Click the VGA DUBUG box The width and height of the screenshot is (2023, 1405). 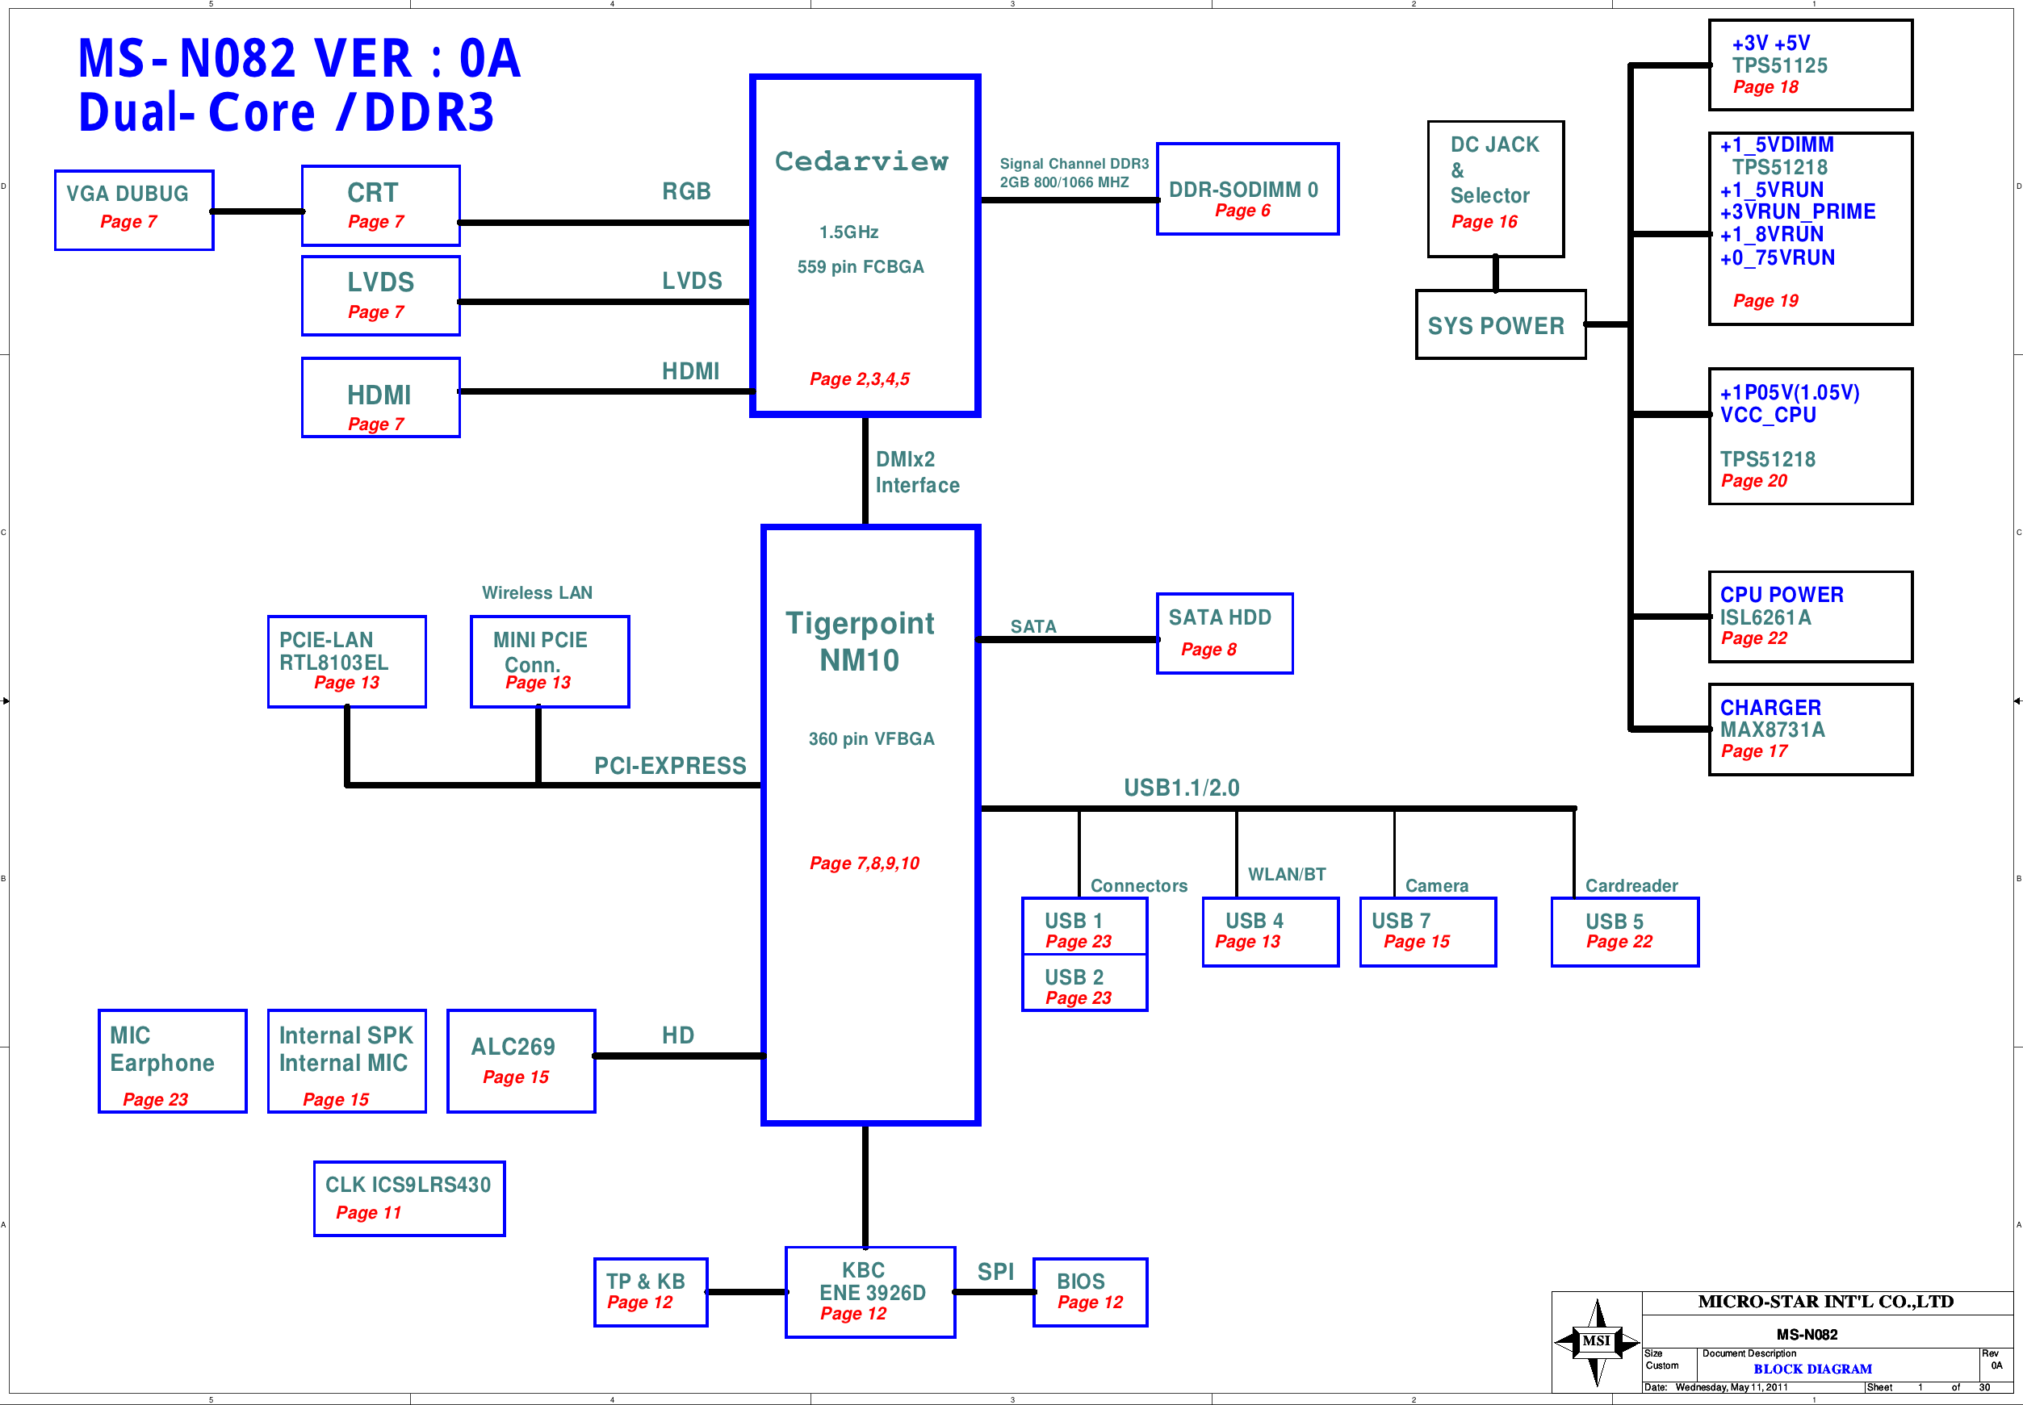pyautogui.click(x=134, y=211)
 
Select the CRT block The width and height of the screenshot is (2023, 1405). pyautogui.click(x=380, y=206)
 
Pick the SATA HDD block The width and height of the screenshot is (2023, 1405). pyautogui.click(x=1225, y=634)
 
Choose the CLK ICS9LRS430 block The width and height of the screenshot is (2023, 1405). pyautogui.click(x=409, y=1199)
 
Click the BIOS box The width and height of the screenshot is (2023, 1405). pyautogui.click(x=1090, y=1292)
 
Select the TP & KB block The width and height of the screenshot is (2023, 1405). pyautogui.click(x=651, y=1292)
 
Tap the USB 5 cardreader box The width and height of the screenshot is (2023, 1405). pyautogui.click(x=1624, y=932)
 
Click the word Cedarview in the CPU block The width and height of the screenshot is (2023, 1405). pyautogui.click(x=862, y=161)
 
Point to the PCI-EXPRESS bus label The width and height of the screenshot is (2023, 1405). pyautogui.click(x=670, y=766)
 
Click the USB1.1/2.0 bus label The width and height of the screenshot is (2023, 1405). pyautogui.click(x=1181, y=788)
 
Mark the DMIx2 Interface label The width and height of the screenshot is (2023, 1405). pyautogui.click(x=917, y=473)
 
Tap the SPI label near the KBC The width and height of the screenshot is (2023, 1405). pyautogui.click(x=995, y=1272)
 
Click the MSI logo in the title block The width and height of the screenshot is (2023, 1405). pyautogui.click(x=1597, y=1341)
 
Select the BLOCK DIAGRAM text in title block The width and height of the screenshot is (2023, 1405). pyautogui.click(x=1812, y=1369)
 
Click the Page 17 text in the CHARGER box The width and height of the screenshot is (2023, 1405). pyautogui.click(x=1753, y=751)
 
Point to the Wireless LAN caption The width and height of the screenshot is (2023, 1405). pyautogui.click(x=537, y=592)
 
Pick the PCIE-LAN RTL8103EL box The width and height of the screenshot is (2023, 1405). pyautogui.click(x=347, y=662)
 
